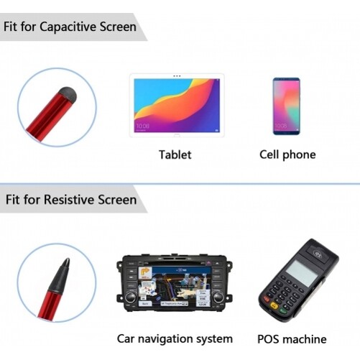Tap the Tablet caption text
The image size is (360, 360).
click(x=175, y=154)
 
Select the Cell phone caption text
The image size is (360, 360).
click(x=287, y=154)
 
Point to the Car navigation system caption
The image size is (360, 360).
click(x=175, y=338)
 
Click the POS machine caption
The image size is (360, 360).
click(x=291, y=338)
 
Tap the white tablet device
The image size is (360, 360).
click(x=176, y=104)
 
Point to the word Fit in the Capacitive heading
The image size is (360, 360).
click(x=12, y=27)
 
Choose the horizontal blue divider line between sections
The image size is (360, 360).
click(x=180, y=183)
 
